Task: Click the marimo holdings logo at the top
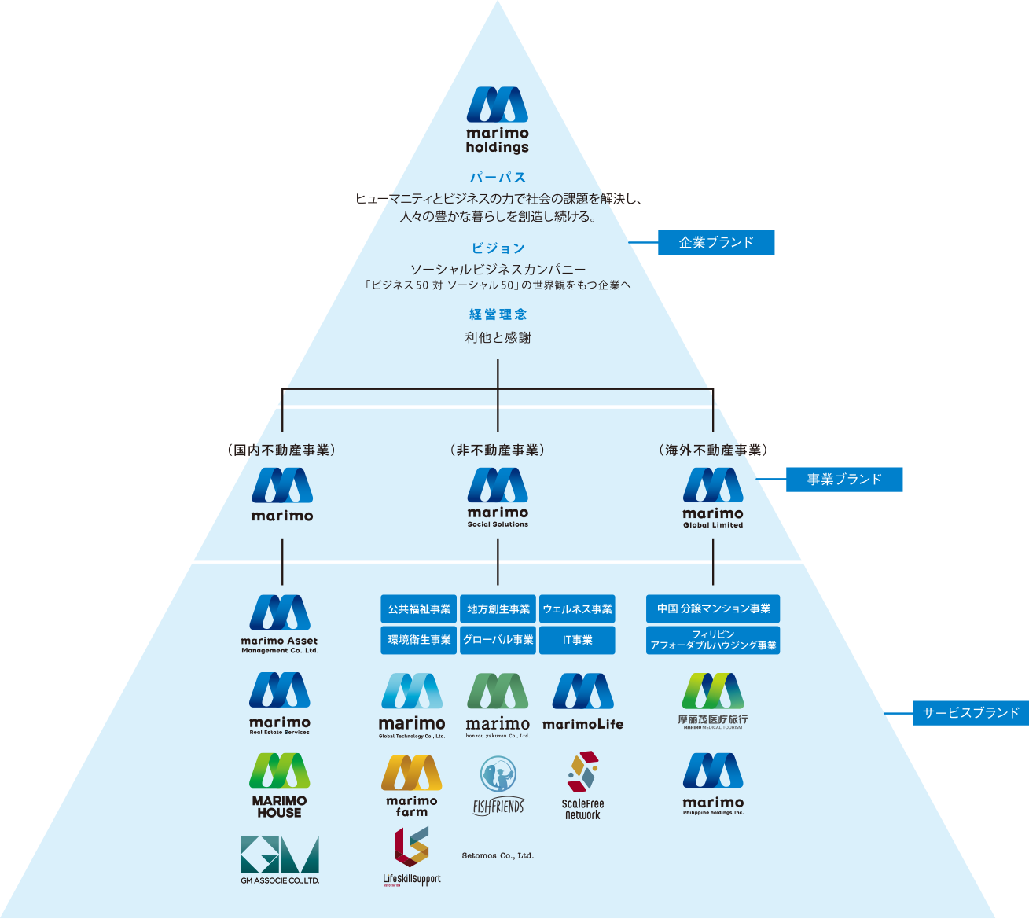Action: click(x=498, y=119)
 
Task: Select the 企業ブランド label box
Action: click(x=716, y=243)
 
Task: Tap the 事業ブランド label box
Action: click(x=844, y=480)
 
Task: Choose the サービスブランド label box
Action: click(x=971, y=713)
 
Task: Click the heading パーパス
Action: click(x=498, y=178)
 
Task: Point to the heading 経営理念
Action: click(x=498, y=314)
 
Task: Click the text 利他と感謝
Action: click(x=498, y=338)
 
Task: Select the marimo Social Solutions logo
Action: click(x=498, y=497)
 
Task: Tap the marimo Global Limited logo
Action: click(x=713, y=497)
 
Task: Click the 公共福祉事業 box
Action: click(x=419, y=609)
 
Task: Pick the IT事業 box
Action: click(x=578, y=640)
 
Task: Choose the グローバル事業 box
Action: click(x=498, y=640)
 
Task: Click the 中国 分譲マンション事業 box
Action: click(x=713, y=608)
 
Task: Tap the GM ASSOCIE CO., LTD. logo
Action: click(x=280, y=859)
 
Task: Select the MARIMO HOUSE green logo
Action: click(x=280, y=785)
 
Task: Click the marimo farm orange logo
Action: click(x=412, y=785)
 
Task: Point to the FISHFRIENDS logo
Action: click(x=498, y=785)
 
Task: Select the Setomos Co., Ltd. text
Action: click(x=498, y=855)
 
